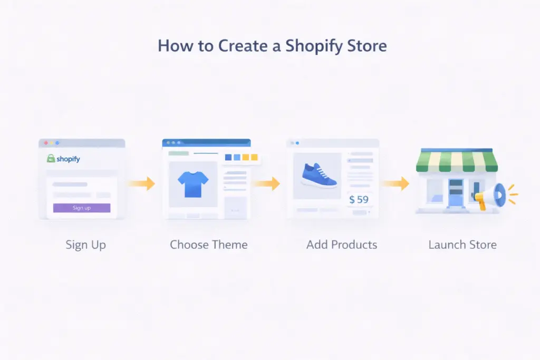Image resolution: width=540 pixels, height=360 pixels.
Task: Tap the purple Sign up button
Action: (x=82, y=208)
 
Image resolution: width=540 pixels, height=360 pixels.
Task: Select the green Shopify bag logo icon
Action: (x=51, y=158)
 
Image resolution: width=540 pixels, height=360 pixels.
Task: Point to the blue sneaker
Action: (x=319, y=175)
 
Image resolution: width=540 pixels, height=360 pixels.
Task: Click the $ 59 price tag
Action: (x=359, y=200)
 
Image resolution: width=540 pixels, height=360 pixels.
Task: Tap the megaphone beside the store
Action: (x=491, y=197)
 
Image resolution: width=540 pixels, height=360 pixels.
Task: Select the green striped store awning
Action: (x=457, y=161)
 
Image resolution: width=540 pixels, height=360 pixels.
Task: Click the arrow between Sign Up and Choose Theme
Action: (x=141, y=183)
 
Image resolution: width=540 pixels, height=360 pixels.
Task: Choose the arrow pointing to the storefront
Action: (x=395, y=183)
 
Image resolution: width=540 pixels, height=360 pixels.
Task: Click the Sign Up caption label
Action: (x=85, y=245)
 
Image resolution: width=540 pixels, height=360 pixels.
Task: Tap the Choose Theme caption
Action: (x=208, y=245)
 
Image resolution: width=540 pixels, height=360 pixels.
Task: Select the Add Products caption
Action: (x=342, y=245)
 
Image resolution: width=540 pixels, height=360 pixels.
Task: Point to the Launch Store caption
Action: (x=462, y=245)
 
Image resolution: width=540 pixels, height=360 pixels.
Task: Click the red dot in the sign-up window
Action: (x=46, y=143)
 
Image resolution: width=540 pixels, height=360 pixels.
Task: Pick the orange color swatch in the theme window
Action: (x=254, y=157)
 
